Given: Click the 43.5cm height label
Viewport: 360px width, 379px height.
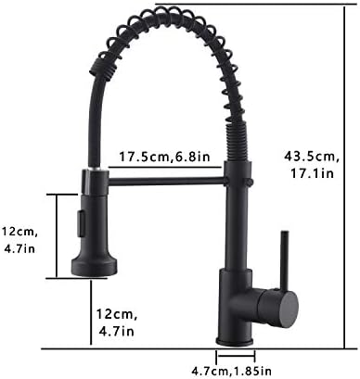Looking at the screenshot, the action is pos(312,157).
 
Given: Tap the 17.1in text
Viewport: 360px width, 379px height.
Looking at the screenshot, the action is pos(312,173).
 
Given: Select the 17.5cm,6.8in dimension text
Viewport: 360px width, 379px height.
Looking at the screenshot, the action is pos(165,157).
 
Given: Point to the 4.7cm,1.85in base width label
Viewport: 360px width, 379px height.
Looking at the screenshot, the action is pos(232,371).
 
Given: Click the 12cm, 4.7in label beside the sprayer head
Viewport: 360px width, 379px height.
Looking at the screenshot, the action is pos(19,240).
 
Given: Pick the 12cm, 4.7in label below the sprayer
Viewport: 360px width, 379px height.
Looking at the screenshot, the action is pos(117,322).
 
